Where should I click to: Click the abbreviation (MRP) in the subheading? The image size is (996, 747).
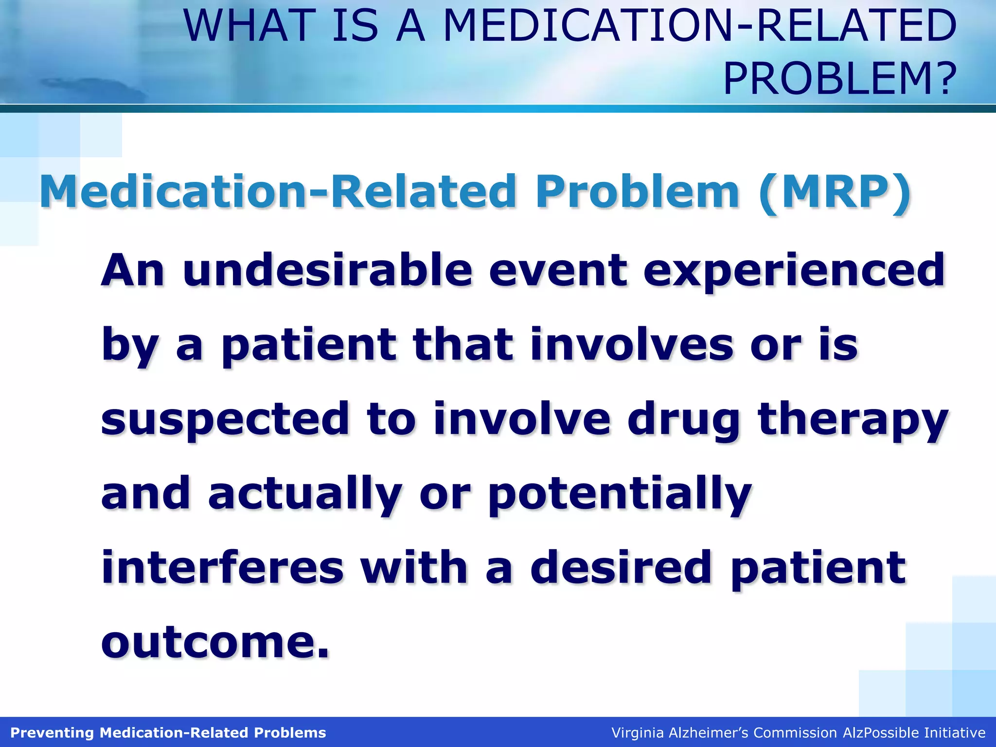[834, 192]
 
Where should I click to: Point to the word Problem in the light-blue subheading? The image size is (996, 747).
[638, 192]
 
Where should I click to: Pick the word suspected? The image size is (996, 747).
[225, 420]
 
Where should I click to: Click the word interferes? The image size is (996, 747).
[222, 567]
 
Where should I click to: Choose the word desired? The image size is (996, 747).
[622, 567]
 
